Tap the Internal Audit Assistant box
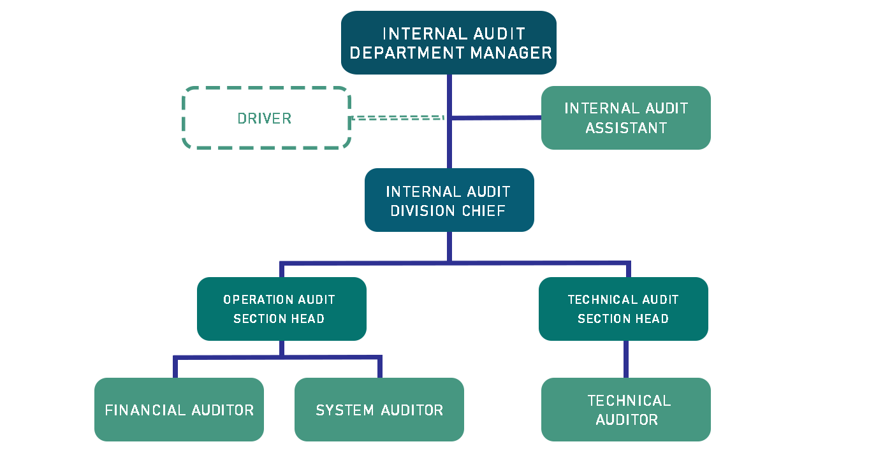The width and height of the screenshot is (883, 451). pos(625,118)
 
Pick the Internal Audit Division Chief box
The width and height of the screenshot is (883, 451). pos(449,200)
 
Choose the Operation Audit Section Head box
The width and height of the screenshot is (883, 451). pos(281,309)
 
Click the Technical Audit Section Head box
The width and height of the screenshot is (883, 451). pos(623,309)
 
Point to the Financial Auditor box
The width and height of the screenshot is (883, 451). pos(179,410)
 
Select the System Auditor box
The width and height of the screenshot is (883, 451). pos(379,410)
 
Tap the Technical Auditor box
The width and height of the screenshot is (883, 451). pos(625,410)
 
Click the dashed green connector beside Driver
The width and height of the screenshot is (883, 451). pos(397,118)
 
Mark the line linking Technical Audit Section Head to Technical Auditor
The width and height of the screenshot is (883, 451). pos(625,359)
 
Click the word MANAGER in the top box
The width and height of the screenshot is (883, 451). pos(511,53)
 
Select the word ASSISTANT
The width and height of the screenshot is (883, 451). pos(626,128)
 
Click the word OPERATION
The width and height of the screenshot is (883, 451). pos(250,299)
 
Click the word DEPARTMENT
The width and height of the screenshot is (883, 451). pos(407,53)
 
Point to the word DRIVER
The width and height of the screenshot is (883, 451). pos(264,118)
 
